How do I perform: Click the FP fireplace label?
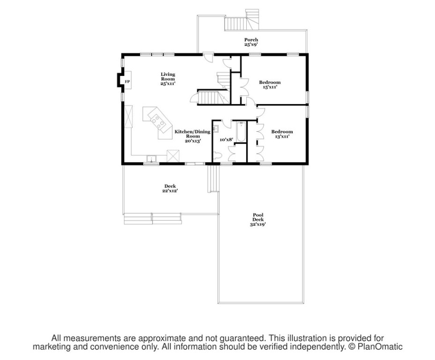click(126, 82)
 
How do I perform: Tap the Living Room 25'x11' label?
click(168, 79)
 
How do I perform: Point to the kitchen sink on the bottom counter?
click(151, 158)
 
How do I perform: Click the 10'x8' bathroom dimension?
click(226, 139)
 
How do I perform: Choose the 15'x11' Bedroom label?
click(270, 84)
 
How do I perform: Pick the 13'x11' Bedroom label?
click(282, 134)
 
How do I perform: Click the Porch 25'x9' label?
click(251, 42)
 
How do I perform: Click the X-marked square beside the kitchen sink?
click(173, 155)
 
